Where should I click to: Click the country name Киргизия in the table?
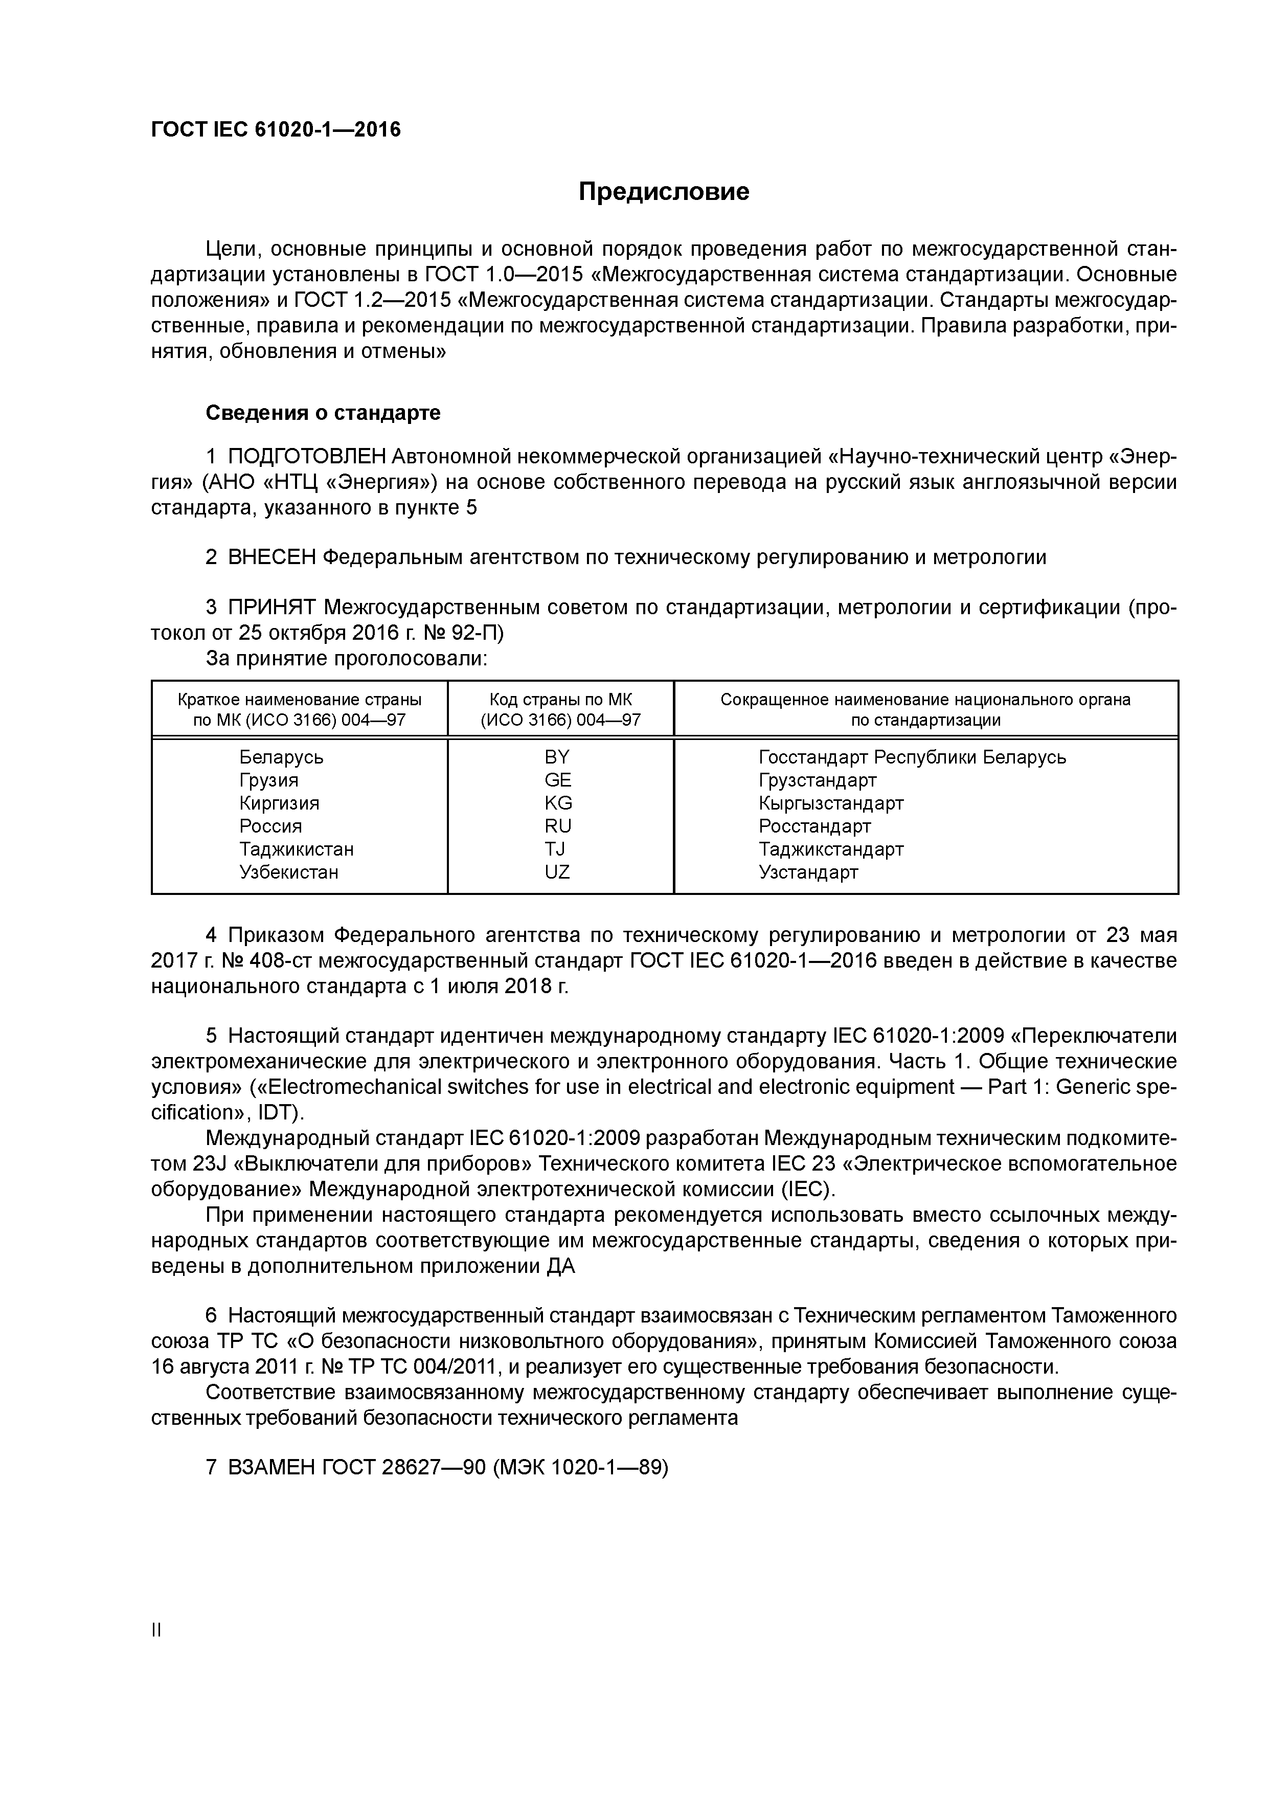[x=279, y=803]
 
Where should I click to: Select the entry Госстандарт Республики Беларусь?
[x=912, y=757]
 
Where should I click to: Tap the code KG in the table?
[x=558, y=803]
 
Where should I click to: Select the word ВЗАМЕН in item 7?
[x=273, y=1467]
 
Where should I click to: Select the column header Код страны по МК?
[x=560, y=699]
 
